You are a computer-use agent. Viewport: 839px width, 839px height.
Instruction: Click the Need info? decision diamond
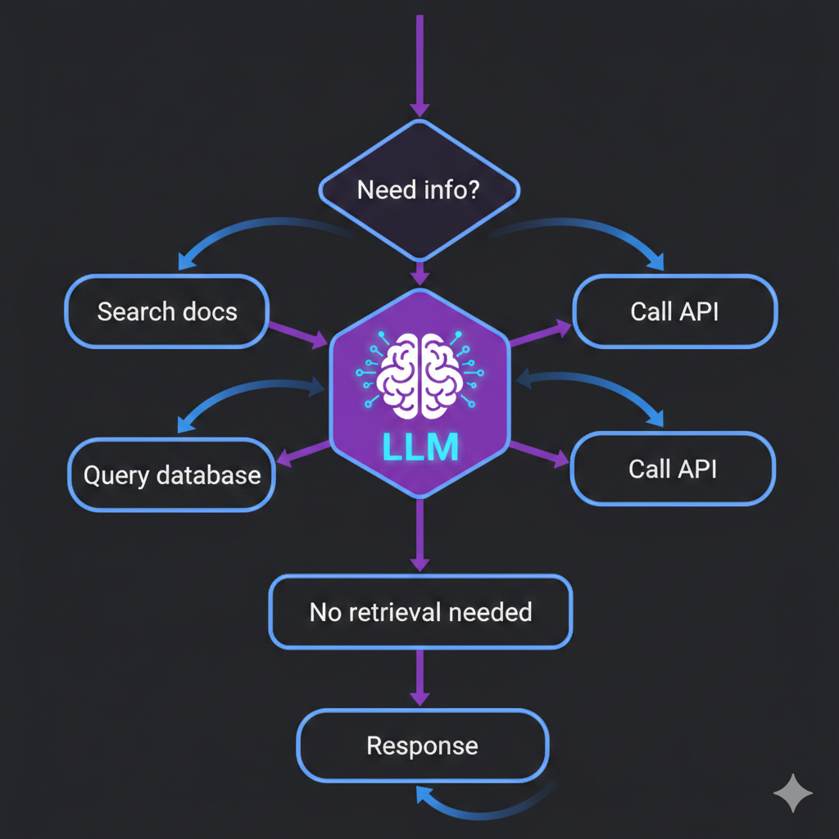(419, 190)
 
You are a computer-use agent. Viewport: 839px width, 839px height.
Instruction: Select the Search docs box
(167, 311)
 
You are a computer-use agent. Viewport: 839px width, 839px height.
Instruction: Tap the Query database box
(172, 475)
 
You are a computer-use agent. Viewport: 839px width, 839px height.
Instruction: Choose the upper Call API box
(674, 311)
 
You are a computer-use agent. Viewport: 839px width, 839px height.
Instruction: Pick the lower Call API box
(673, 469)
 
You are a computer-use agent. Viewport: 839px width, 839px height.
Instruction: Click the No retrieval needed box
(420, 611)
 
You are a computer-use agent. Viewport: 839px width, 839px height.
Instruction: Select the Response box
(422, 746)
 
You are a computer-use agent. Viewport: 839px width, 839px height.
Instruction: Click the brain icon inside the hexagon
(419, 372)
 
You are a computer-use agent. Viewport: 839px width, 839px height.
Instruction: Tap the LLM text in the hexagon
(419, 448)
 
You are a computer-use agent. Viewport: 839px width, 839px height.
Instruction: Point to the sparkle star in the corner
(793, 792)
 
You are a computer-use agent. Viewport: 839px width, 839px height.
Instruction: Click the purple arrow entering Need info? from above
(419, 66)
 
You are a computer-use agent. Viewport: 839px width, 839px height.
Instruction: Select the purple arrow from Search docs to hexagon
(299, 333)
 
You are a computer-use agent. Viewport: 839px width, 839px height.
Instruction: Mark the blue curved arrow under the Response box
(483, 806)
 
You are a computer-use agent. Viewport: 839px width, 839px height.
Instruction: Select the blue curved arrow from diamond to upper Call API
(590, 229)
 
